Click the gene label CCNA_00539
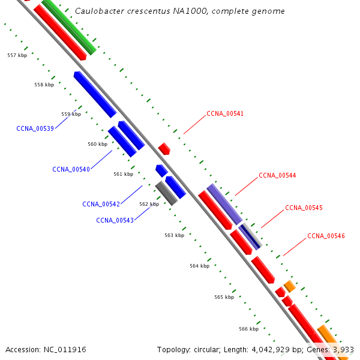click(x=35, y=128)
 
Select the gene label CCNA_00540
click(x=71, y=169)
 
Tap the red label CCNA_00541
click(x=225, y=113)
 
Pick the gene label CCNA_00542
click(x=101, y=204)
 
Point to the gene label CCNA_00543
click(x=115, y=220)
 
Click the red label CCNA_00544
click(x=277, y=176)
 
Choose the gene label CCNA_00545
click(x=304, y=208)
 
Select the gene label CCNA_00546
click(x=326, y=236)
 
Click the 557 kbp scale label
click(x=17, y=55)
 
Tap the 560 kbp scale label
click(x=97, y=144)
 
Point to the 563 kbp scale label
click(x=174, y=235)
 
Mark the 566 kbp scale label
click(x=248, y=329)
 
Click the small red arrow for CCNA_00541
click(x=164, y=148)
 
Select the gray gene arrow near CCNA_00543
click(x=166, y=193)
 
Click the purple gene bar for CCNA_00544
click(x=224, y=204)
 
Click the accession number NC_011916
click(x=65, y=349)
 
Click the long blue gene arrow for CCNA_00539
click(x=95, y=94)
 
